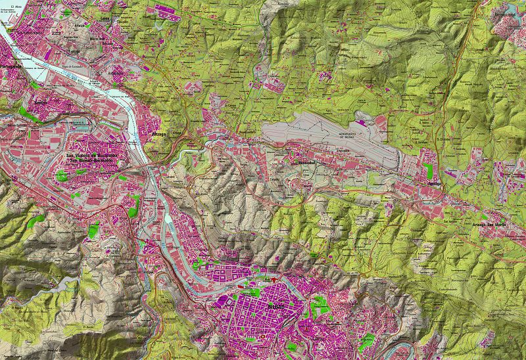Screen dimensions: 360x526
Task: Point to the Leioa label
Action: tap(105, 19)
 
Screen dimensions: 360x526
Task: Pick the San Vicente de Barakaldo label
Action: tap(92, 155)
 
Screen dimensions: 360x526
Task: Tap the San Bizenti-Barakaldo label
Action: tap(92, 160)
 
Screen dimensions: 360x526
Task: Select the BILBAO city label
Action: tap(276, 306)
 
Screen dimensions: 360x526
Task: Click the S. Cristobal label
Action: tap(444, 139)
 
